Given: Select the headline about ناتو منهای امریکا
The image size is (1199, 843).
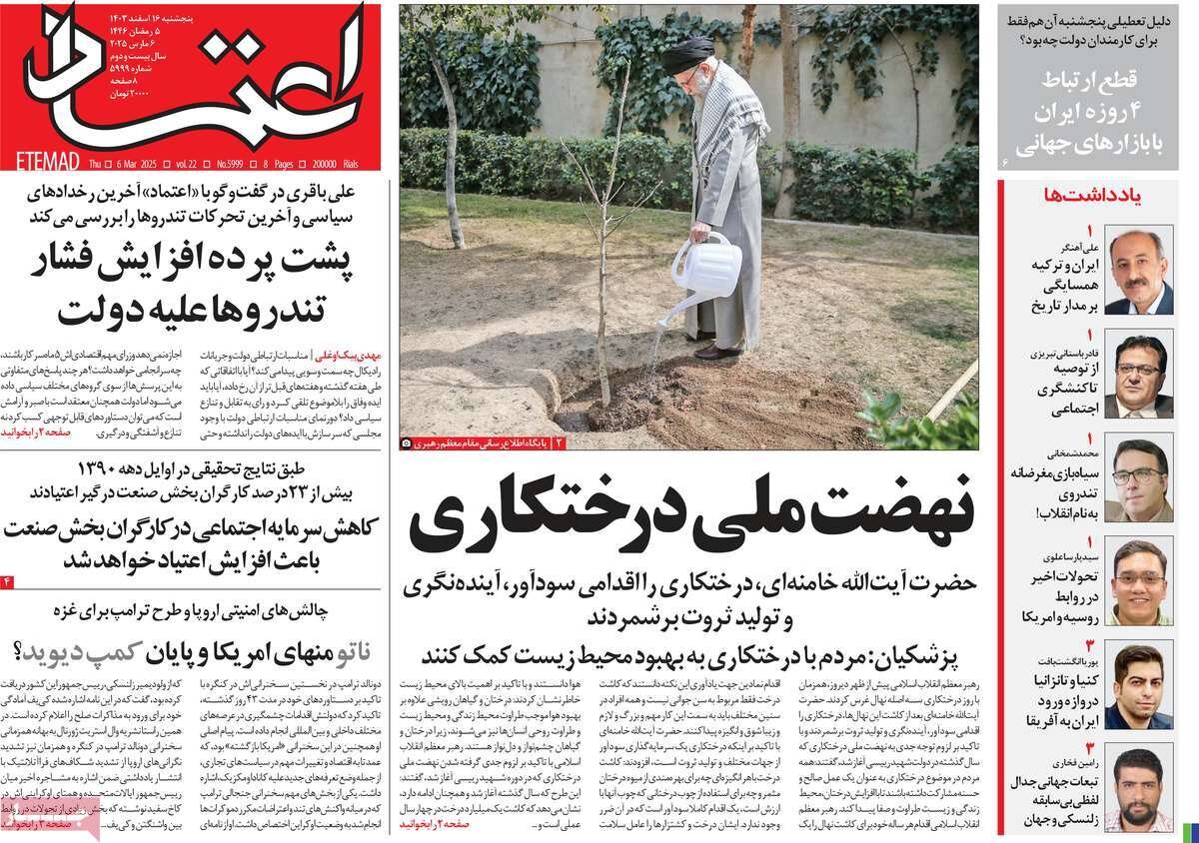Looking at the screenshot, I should [200, 653].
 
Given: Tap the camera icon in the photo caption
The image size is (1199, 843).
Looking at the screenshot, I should [406, 441].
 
